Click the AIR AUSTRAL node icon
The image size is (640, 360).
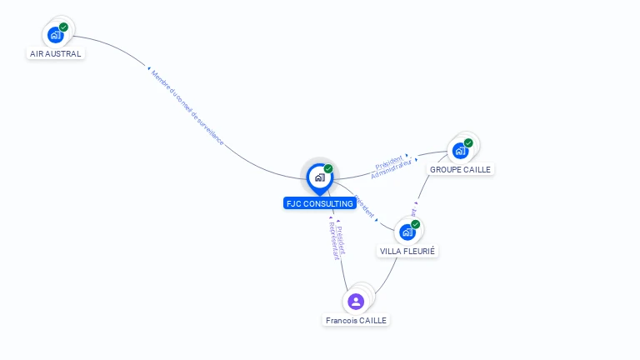coord(55,35)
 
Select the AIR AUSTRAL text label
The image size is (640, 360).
coord(56,54)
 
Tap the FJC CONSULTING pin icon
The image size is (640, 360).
coord(319,177)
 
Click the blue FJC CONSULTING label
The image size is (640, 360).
coord(320,203)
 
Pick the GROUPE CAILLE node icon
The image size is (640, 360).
coord(459,151)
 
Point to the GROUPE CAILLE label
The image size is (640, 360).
coord(460,169)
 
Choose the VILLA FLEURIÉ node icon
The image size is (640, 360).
coord(407,232)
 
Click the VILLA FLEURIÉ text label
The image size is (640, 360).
coord(407,251)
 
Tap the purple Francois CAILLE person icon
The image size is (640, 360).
coord(356,301)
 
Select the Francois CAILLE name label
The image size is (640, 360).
coord(357,320)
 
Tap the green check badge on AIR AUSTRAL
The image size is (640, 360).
coord(64,27)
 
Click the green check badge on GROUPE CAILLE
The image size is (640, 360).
coord(468,143)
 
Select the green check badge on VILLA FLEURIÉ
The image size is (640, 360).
coord(416,224)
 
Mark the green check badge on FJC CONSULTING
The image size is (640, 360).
coord(328,169)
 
